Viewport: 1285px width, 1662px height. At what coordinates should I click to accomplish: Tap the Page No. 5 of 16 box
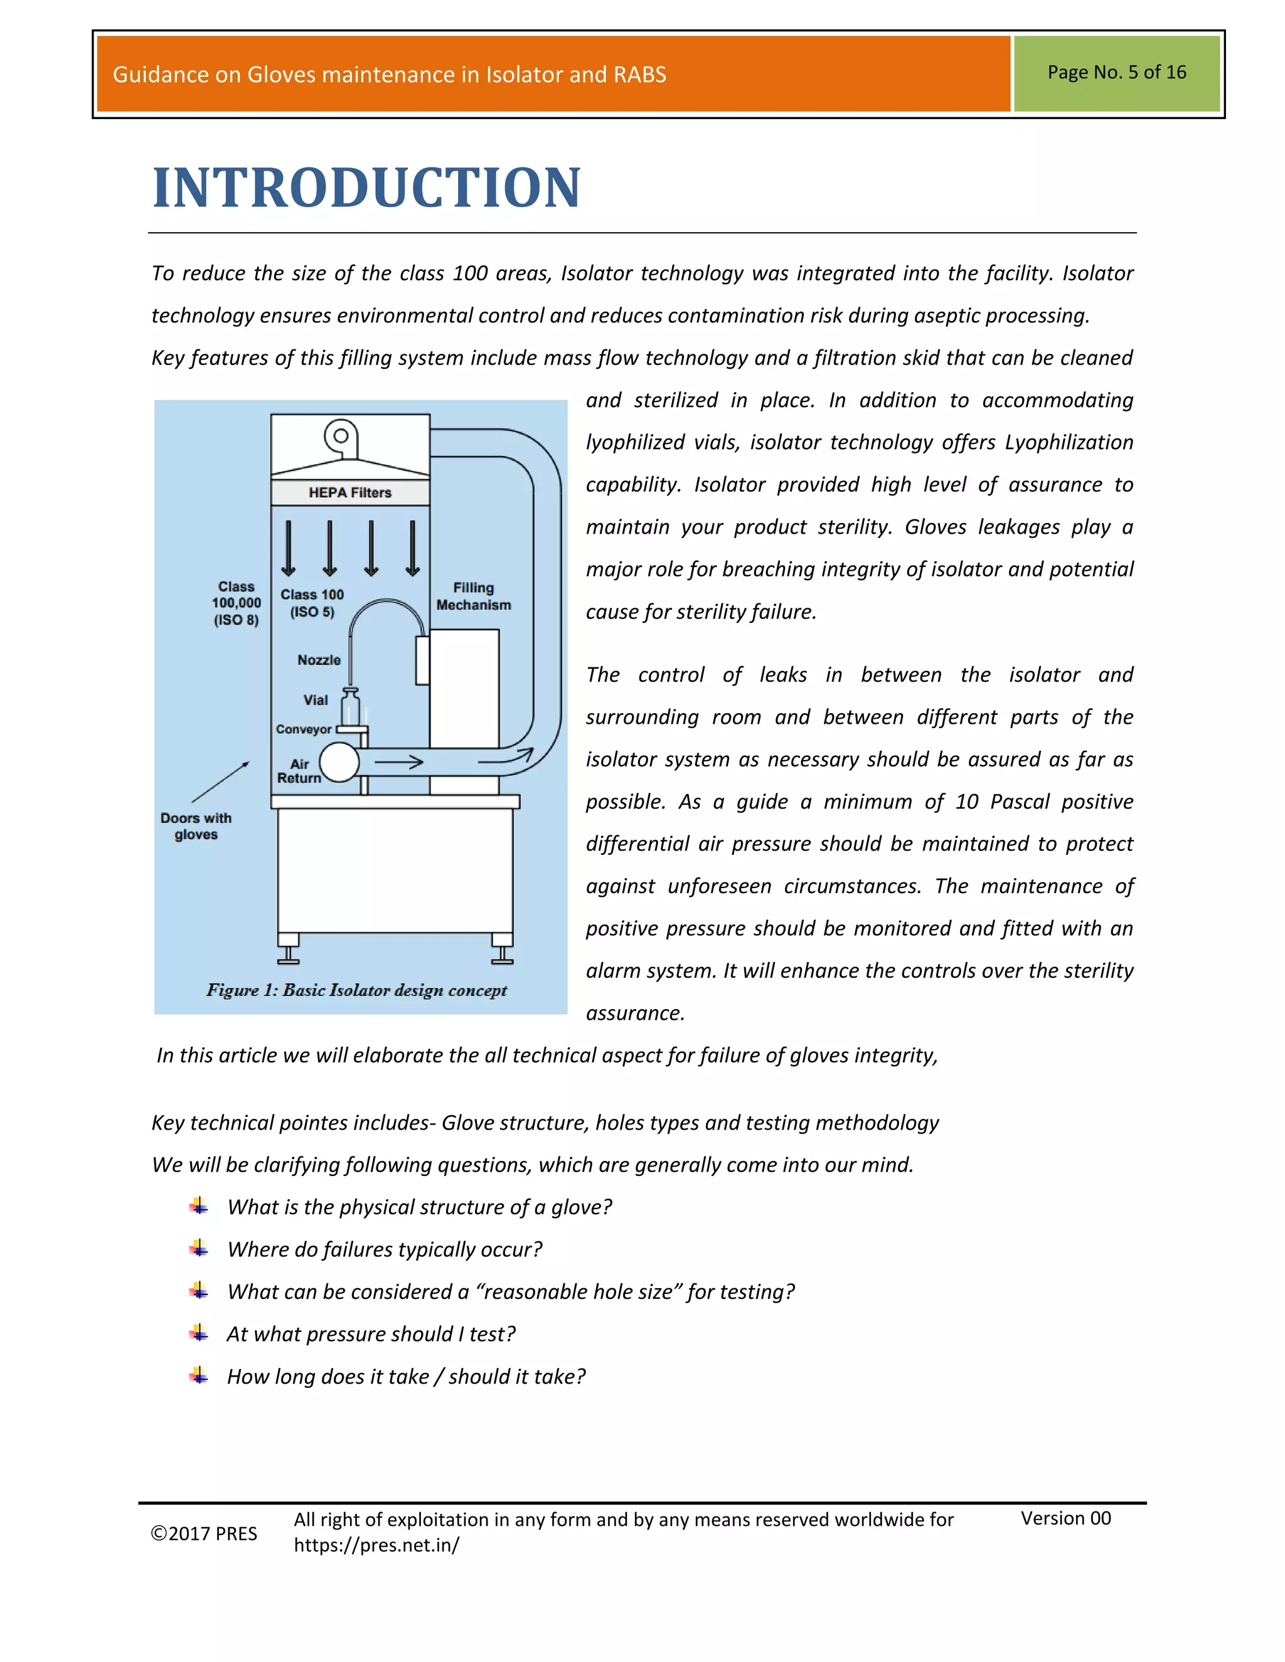(x=1116, y=73)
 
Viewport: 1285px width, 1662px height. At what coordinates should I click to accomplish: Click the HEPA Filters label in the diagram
(x=349, y=492)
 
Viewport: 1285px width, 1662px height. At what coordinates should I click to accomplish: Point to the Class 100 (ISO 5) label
(x=311, y=603)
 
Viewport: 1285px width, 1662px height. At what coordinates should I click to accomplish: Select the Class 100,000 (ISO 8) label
(x=236, y=603)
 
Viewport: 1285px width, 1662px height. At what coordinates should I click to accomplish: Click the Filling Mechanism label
(x=474, y=596)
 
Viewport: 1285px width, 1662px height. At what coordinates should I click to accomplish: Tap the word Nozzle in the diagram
(x=318, y=660)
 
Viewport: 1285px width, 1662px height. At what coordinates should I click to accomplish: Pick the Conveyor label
(x=303, y=729)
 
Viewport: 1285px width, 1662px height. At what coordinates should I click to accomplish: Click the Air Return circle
(x=339, y=763)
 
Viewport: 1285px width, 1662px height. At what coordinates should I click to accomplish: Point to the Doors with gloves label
(x=196, y=826)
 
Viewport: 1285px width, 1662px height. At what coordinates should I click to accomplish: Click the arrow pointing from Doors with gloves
(x=220, y=781)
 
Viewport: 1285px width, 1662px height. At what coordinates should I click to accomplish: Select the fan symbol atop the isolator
(x=341, y=437)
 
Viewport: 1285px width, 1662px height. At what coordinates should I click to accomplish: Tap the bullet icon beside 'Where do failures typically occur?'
(x=199, y=1248)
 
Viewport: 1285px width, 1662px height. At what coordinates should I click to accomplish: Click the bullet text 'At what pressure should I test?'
(x=371, y=1334)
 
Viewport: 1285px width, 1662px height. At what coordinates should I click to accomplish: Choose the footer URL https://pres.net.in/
(x=376, y=1545)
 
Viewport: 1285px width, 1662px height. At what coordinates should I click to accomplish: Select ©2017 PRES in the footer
(x=204, y=1533)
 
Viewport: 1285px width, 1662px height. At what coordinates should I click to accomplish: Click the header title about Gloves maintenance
(x=389, y=75)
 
